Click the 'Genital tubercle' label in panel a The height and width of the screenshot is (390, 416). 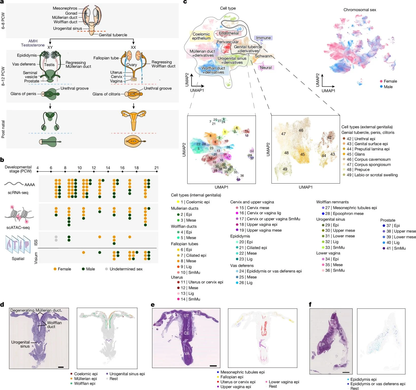[113, 35]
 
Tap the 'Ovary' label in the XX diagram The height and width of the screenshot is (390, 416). [132, 64]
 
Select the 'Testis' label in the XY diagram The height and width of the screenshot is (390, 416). [49, 64]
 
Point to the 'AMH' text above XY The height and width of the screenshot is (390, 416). [33, 41]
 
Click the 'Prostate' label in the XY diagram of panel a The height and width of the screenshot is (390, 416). [32, 81]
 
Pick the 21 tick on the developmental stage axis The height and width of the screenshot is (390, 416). [156, 168]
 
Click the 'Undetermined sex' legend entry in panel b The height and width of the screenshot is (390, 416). [126, 269]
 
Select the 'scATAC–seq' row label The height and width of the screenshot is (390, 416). [18, 227]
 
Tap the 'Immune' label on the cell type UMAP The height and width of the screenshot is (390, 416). [263, 38]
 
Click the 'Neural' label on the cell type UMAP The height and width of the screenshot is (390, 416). [266, 68]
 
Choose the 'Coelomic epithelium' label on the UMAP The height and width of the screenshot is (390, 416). [201, 36]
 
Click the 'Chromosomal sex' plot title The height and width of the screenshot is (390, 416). [360, 10]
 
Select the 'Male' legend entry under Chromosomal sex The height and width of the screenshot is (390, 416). [388, 87]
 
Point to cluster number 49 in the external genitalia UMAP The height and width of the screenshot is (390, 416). [285, 169]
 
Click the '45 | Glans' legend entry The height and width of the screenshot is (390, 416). [356, 154]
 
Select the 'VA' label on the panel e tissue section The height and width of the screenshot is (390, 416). [187, 353]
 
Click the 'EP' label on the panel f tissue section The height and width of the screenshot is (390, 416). [322, 345]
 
